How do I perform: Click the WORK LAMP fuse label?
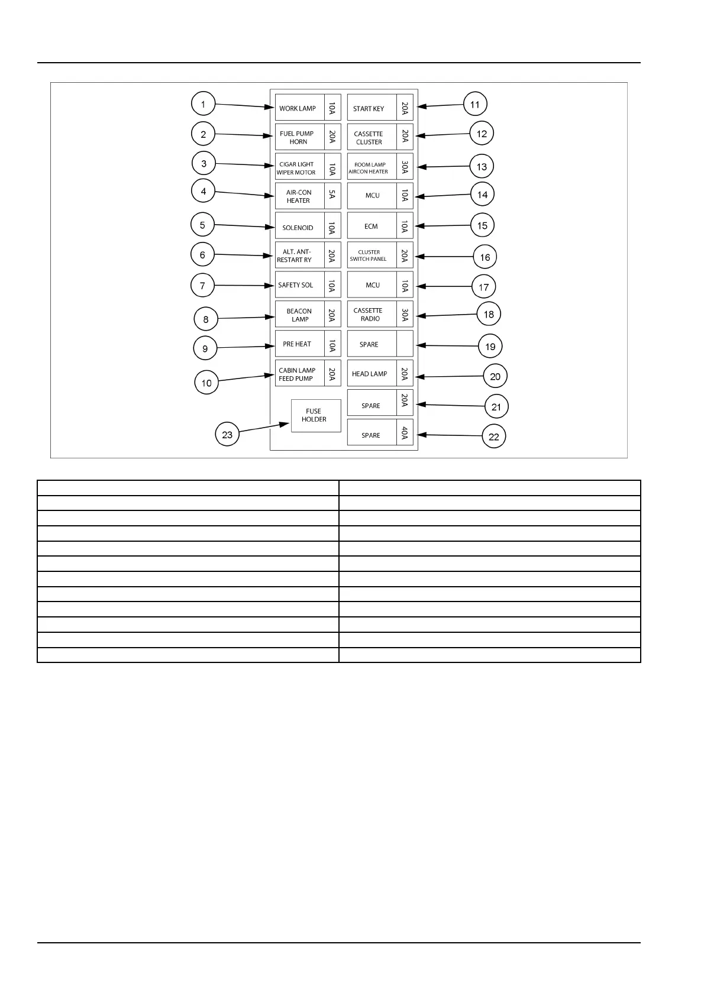click(x=298, y=108)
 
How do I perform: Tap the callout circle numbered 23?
click(x=227, y=435)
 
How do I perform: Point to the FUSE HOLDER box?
click(x=316, y=415)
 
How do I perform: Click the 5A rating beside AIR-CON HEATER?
click(x=332, y=195)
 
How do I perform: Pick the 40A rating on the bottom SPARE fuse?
click(x=405, y=432)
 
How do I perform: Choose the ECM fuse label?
click(x=371, y=226)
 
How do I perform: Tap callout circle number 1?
click(x=203, y=104)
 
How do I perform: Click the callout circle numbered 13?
click(x=482, y=167)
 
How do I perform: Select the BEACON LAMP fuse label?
click(x=299, y=315)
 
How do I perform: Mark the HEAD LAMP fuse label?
click(x=370, y=374)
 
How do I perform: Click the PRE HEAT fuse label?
click(x=297, y=344)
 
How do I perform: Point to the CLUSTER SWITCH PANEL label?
click(x=369, y=256)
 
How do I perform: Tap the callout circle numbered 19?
click(x=490, y=347)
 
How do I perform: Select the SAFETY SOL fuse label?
click(x=296, y=285)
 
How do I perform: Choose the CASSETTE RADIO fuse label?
click(x=369, y=315)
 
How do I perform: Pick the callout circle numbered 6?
click(x=202, y=254)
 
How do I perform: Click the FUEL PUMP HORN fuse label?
click(x=298, y=137)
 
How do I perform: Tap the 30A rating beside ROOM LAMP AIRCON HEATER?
click(x=405, y=167)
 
